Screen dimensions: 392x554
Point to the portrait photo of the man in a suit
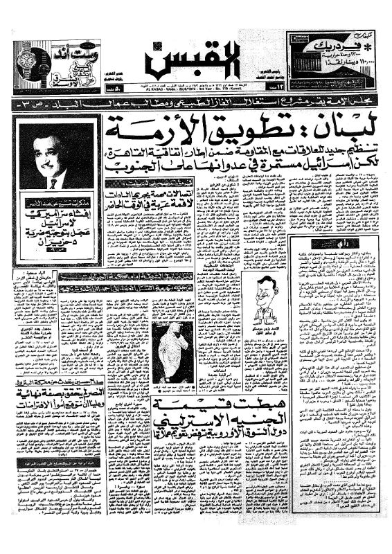(54, 159)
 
